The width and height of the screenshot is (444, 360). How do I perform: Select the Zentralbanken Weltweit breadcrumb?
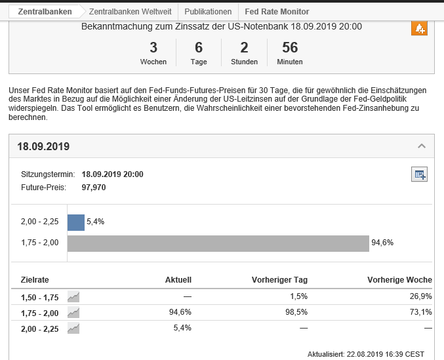coord(130,12)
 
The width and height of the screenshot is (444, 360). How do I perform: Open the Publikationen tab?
coord(208,12)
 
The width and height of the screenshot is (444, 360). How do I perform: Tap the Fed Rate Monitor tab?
coord(276,12)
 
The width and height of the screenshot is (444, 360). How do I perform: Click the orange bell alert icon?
coord(419,28)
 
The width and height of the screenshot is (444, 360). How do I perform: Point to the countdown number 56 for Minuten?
coord(289,47)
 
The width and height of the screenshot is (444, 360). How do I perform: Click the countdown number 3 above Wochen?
coord(153,47)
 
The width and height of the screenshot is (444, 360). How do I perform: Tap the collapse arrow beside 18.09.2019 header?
coord(422,146)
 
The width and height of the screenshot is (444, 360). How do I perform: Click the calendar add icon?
coord(419,174)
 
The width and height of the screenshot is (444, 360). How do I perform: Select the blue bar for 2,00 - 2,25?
coord(76,222)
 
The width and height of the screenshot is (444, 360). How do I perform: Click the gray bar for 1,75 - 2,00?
coord(218,243)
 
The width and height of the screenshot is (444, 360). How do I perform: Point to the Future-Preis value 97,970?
coord(94,187)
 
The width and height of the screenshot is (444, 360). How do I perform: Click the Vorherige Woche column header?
coord(400,279)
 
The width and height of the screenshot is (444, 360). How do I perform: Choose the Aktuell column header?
coord(178,279)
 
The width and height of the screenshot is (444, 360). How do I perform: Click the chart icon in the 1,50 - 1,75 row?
coord(73,296)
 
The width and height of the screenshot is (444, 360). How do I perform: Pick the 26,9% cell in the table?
coord(422,296)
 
